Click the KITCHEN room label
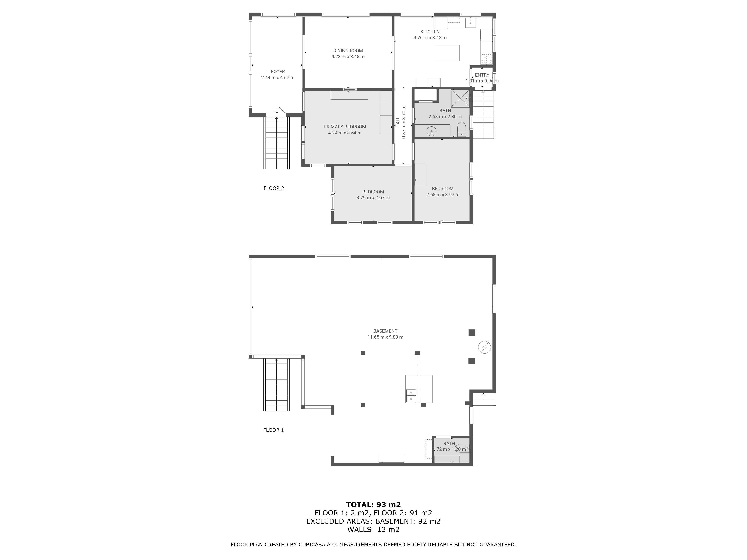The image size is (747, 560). tap(430, 32)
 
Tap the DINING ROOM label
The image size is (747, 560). tap(348, 51)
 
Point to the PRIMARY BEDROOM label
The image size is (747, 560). tap(345, 127)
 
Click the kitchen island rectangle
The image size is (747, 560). tap(447, 53)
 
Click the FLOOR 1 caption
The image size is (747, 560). tap(274, 430)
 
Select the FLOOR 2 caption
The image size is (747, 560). tap(274, 188)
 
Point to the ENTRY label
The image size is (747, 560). tap(482, 75)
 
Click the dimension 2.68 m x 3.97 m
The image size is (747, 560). tap(443, 195)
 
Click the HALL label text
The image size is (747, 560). tap(398, 122)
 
